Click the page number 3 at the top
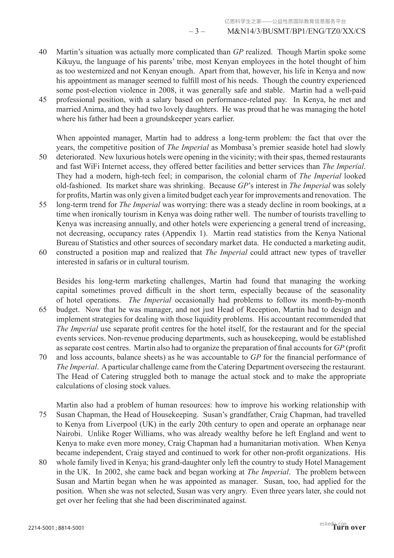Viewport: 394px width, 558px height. (197, 31)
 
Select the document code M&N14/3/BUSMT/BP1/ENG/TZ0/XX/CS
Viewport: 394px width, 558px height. (297, 31)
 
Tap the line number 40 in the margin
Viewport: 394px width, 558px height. (43, 52)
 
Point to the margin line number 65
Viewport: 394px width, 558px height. (43, 310)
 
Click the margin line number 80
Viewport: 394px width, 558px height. (43, 462)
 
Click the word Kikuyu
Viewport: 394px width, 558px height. (67, 62)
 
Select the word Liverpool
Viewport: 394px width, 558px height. (121, 424)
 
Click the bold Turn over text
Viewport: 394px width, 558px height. (349, 527)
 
